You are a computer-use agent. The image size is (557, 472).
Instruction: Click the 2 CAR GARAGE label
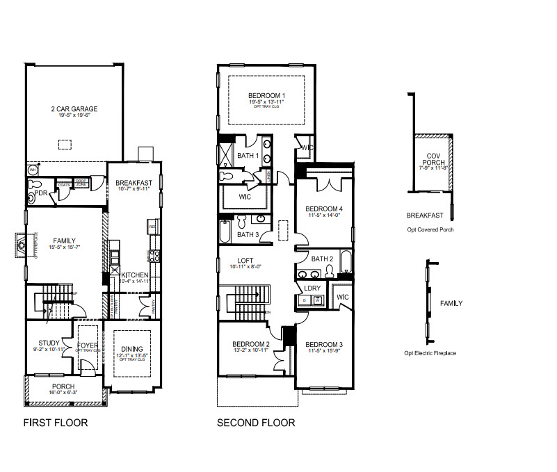coord(74,109)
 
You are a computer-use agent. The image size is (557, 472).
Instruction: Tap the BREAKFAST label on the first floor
coord(133,183)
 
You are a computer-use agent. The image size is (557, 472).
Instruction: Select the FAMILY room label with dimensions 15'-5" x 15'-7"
coord(61,241)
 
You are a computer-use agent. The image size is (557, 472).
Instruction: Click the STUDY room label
coord(49,343)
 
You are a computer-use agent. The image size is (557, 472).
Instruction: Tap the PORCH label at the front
coord(63,386)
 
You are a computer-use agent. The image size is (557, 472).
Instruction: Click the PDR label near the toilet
coord(40,194)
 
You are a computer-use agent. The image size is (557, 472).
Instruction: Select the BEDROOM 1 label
coord(267,95)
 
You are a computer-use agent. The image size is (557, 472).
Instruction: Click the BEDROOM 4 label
coord(324,209)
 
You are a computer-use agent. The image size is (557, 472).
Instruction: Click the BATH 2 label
coord(323,259)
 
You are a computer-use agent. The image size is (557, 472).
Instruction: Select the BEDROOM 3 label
coord(324,345)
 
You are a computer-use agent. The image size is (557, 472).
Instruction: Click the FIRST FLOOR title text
coord(56,423)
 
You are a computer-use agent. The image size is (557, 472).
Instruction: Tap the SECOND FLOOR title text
coord(256,423)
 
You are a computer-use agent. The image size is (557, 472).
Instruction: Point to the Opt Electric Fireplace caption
coord(430,354)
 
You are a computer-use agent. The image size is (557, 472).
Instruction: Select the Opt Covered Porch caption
coord(430,229)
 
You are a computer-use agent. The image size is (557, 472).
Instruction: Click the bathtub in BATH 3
coord(225,231)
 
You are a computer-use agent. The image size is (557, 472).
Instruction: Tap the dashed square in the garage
coord(64,145)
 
